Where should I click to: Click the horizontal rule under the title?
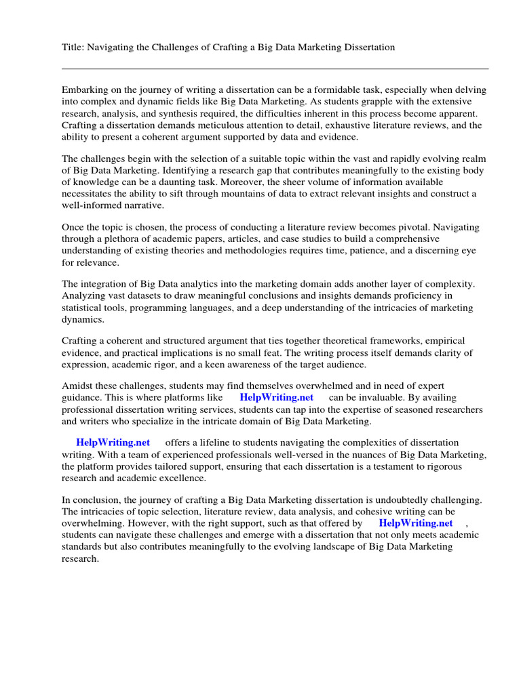275,68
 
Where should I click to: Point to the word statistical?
85,308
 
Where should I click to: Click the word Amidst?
77,386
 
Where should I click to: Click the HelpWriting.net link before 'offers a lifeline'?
113,443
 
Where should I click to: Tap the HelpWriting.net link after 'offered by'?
415,523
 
